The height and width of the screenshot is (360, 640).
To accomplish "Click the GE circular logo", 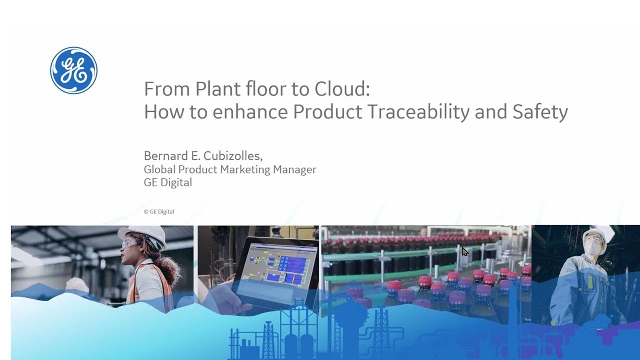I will [74, 70].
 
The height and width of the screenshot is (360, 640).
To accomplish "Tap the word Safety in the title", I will [540, 112].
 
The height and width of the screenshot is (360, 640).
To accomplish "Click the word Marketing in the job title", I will [245, 170].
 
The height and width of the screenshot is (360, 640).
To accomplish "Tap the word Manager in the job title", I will [295, 170].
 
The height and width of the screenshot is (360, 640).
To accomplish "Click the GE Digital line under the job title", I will [168, 183].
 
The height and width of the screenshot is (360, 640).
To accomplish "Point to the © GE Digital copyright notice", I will [159, 212].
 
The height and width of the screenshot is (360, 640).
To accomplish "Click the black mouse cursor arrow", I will [465, 251].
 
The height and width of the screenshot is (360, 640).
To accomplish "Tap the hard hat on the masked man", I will [595, 234].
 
